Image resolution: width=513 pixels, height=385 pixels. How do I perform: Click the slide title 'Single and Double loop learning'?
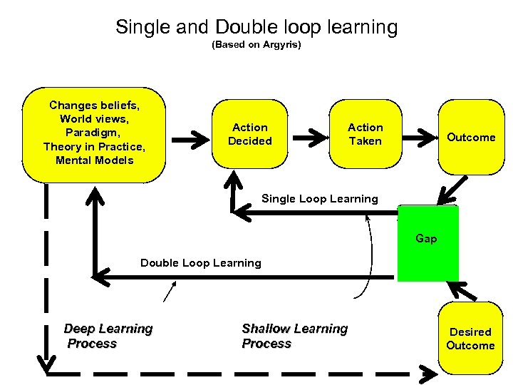click(256, 27)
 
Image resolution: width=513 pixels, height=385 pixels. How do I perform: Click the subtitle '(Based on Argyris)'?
click(256, 45)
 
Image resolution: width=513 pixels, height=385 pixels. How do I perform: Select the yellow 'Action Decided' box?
click(249, 134)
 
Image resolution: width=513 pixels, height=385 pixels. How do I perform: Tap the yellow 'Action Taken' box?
click(365, 134)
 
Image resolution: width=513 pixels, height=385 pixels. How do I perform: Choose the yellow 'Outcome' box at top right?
click(470, 137)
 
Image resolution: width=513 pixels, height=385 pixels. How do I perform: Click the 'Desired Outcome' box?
click(470, 339)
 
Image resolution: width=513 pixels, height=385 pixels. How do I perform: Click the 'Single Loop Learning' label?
click(319, 199)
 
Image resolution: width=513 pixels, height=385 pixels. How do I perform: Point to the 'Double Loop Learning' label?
click(201, 263)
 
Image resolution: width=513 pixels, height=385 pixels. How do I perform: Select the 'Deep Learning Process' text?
click(108, 336)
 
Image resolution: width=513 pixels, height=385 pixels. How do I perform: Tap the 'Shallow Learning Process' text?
click(294, 336)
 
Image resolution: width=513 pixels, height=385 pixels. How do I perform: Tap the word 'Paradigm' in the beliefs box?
click(94, 133)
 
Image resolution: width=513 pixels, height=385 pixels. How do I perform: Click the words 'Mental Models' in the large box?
click(94, 160)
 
